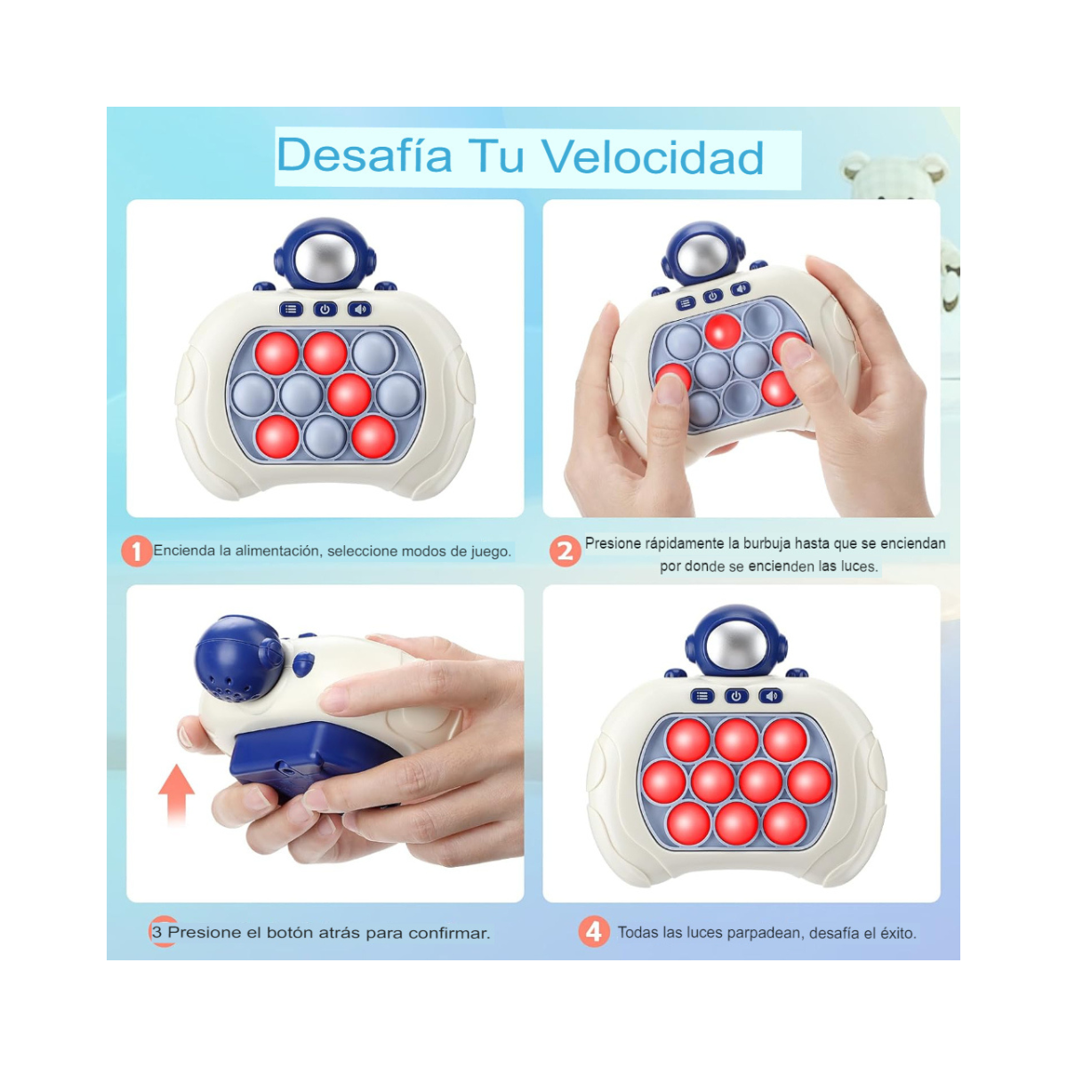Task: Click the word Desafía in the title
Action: click(364, 156)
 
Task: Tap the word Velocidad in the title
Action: click(653, 157)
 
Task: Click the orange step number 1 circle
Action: click(136, 551)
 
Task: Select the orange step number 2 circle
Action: click(565, 551)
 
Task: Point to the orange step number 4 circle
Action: click(594, 932)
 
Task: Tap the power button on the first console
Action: click(325, 309)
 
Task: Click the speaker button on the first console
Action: click(359, 309)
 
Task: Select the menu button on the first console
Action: click(291, 309)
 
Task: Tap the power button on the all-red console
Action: click(735, 695)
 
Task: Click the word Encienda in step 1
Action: click(184, 550)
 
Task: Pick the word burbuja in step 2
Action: click(766, 543)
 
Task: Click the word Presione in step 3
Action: click(204, 933)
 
